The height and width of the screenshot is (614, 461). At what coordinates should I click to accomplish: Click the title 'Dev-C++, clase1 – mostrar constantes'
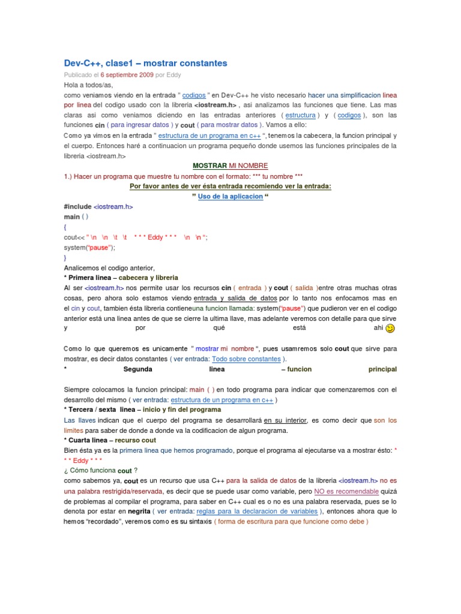146,63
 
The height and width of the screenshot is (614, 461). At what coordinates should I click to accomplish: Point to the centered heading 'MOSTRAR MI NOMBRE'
230,165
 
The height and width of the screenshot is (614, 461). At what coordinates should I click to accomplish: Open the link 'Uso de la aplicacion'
230,196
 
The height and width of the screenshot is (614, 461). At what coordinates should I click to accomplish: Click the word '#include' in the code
78,206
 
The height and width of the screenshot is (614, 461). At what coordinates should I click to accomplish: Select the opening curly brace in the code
65,227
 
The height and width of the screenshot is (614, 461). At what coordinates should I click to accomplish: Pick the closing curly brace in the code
65,257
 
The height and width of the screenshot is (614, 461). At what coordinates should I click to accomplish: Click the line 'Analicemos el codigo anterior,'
109,268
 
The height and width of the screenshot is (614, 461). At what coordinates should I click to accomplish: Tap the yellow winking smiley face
390,329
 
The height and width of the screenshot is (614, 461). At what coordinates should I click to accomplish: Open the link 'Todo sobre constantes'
246,359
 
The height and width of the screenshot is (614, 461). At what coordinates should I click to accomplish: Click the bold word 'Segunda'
137,369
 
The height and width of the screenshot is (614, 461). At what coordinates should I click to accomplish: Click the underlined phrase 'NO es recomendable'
346,491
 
